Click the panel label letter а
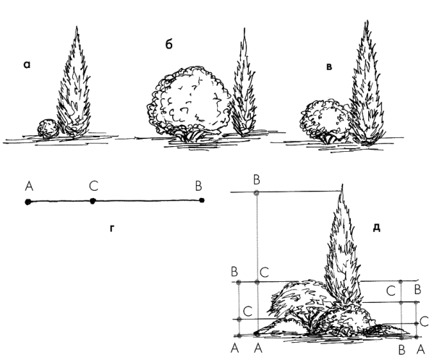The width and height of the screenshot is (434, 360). click(27, 65)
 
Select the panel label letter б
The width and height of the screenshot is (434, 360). click(169, 44)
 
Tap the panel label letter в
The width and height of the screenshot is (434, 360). click(329, 67)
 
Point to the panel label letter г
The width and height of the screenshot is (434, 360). click(112, 228)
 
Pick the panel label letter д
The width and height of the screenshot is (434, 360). click(377, 228)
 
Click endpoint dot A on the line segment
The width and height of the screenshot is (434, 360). click(27, 202)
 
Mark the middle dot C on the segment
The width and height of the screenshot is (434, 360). click(93, 201)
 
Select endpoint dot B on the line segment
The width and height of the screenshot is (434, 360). click(202, 200)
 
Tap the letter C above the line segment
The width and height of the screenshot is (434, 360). click(94, 186)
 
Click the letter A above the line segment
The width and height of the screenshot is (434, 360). click(29, 186)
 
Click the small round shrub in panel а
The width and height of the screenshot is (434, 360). click(48, 129)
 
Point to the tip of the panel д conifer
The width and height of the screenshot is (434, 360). click(343, 184)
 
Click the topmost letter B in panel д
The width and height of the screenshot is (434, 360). click(257, 180)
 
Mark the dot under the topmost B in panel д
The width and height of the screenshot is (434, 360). click(257, 192)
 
